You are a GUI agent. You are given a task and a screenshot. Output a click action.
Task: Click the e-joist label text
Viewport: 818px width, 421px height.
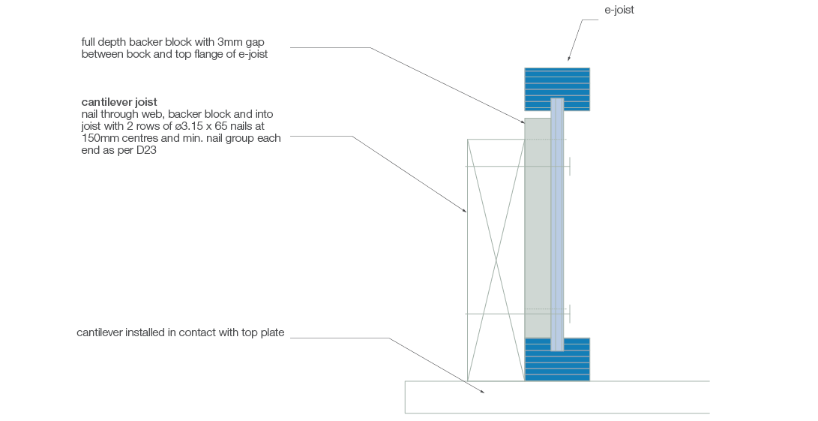click(619, 10)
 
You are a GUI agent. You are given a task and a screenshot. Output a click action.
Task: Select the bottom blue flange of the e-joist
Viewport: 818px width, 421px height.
click(556, 364)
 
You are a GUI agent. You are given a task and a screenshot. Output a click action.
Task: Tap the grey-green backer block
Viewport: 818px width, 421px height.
click(537, 225)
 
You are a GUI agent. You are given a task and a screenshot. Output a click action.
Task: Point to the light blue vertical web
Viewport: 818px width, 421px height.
click(557, 225)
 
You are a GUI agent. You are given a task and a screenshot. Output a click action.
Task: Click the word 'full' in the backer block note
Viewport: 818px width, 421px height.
click(89, 41)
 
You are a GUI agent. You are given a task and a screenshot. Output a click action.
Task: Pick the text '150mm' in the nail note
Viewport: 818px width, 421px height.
click(97, 138)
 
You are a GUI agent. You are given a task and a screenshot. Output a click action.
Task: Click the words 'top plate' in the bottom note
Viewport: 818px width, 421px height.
click(265, 332)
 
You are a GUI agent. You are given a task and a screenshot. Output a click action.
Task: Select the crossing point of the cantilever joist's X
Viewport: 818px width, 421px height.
click(495, 260)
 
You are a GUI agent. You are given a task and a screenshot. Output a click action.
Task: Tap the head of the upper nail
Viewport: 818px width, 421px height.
click(570, 166)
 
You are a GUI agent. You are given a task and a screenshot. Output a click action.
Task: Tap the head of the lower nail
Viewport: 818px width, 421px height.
click(570, 314)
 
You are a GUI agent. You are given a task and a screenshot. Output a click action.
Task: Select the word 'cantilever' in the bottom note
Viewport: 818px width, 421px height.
click(99, 332)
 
